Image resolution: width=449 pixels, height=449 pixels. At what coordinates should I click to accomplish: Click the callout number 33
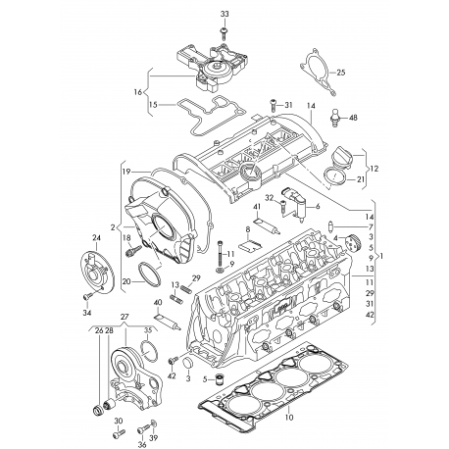click(224, 14)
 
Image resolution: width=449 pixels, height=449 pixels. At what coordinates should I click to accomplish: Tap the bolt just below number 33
click(224, 33)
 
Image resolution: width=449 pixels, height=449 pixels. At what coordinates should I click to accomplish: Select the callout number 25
click(341, 73)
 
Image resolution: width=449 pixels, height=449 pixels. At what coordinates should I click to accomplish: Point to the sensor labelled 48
click(334, 117)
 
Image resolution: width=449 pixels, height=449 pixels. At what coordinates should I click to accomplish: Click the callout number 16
click(138, 92)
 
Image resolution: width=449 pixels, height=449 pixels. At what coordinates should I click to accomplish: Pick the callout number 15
click(153, 105)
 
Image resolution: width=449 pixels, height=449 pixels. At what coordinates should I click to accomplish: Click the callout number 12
click(374, 169)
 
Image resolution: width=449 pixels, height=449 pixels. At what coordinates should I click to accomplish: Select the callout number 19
click(126, 172)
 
